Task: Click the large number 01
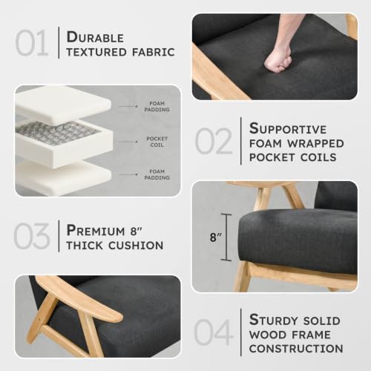pos(32,43)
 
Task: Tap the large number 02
pos(214,141)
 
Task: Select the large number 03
pos(32,236)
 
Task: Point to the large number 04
pos(214,332)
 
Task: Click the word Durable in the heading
pos(95,37)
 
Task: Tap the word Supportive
pos(288,128)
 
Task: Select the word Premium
pos(96,231)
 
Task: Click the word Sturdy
pos(273,320)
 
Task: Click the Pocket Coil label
pos(157,142)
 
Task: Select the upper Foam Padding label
pos(157,106)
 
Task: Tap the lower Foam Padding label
pos(157,174)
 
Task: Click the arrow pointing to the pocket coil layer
pos(128,142)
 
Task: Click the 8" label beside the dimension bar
pos(215,237)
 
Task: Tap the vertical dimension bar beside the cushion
pos(226,237)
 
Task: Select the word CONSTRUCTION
pos(296,349)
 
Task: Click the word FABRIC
pos(154,52)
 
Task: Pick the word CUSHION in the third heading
pos(136,246)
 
